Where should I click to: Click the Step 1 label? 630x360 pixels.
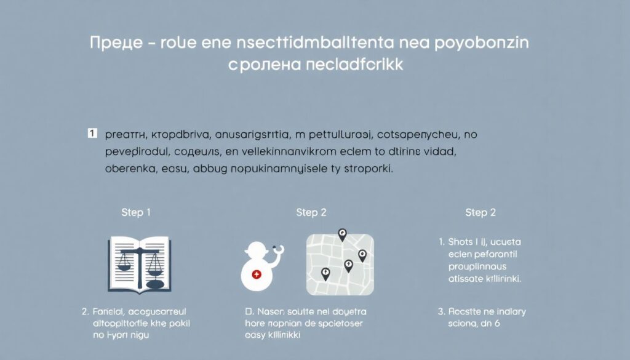pos(136,212)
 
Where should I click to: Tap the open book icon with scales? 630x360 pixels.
pos(139,264)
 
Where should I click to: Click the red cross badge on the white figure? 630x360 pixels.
pos(257,274)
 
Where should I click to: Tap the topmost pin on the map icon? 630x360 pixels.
pos(343,234)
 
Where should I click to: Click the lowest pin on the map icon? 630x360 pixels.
pos(325,274)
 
